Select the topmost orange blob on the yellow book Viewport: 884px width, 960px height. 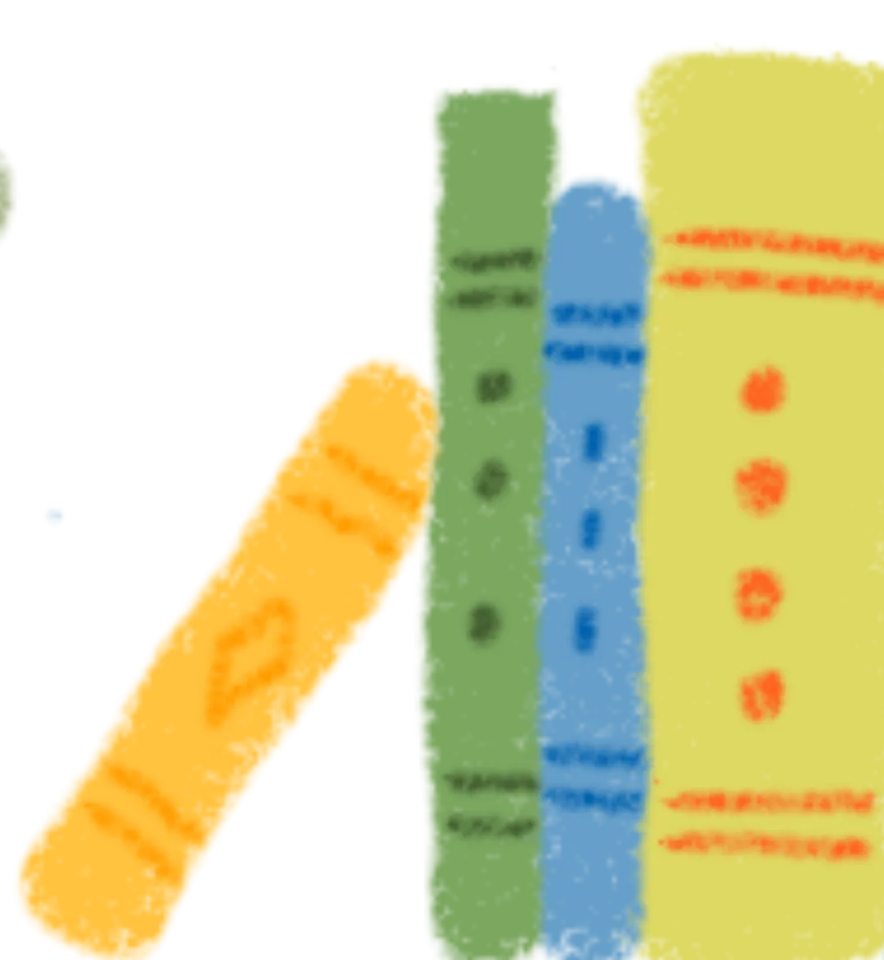[763, 390]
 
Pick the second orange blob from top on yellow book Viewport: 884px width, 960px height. [763, 487]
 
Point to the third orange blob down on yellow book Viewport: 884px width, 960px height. [761, 593]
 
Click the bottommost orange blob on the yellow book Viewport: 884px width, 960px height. [761, 696]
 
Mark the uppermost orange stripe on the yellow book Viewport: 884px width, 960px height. [769, 241]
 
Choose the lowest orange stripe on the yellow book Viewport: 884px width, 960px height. [765, 843]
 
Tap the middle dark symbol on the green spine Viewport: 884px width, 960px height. [492, 480]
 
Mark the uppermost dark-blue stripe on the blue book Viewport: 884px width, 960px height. [595, 313]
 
